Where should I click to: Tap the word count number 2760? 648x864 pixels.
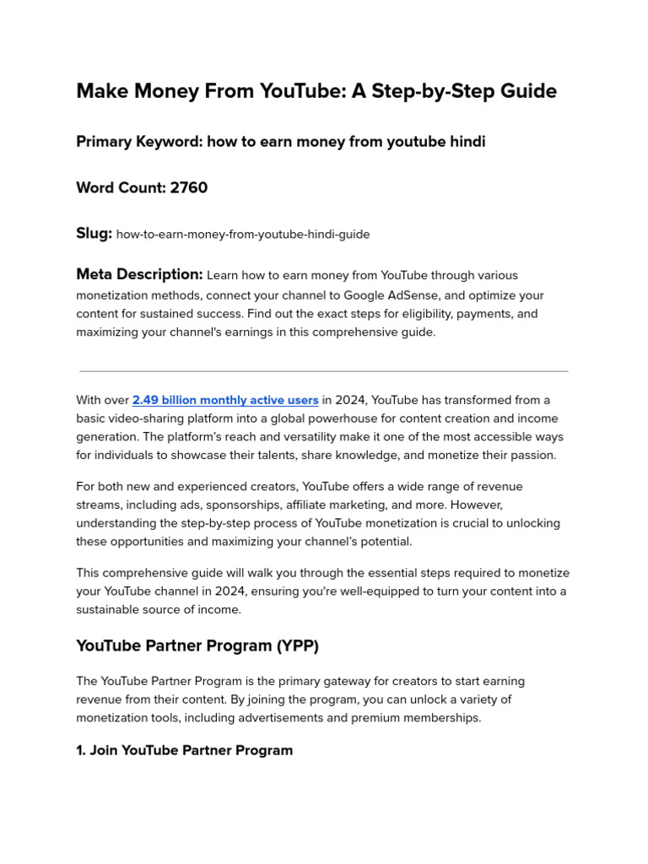(189, 187)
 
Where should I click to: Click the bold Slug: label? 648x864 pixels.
(94, 234)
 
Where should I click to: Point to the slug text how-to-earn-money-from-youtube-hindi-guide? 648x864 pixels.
(243, 235)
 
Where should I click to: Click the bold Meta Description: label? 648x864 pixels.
(139, 274)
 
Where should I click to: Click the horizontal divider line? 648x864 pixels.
(324, 370)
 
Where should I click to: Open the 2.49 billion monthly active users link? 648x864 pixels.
(225, 400)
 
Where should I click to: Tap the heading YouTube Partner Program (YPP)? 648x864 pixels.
(197, 645)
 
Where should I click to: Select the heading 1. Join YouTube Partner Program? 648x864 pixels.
(184, 750)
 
